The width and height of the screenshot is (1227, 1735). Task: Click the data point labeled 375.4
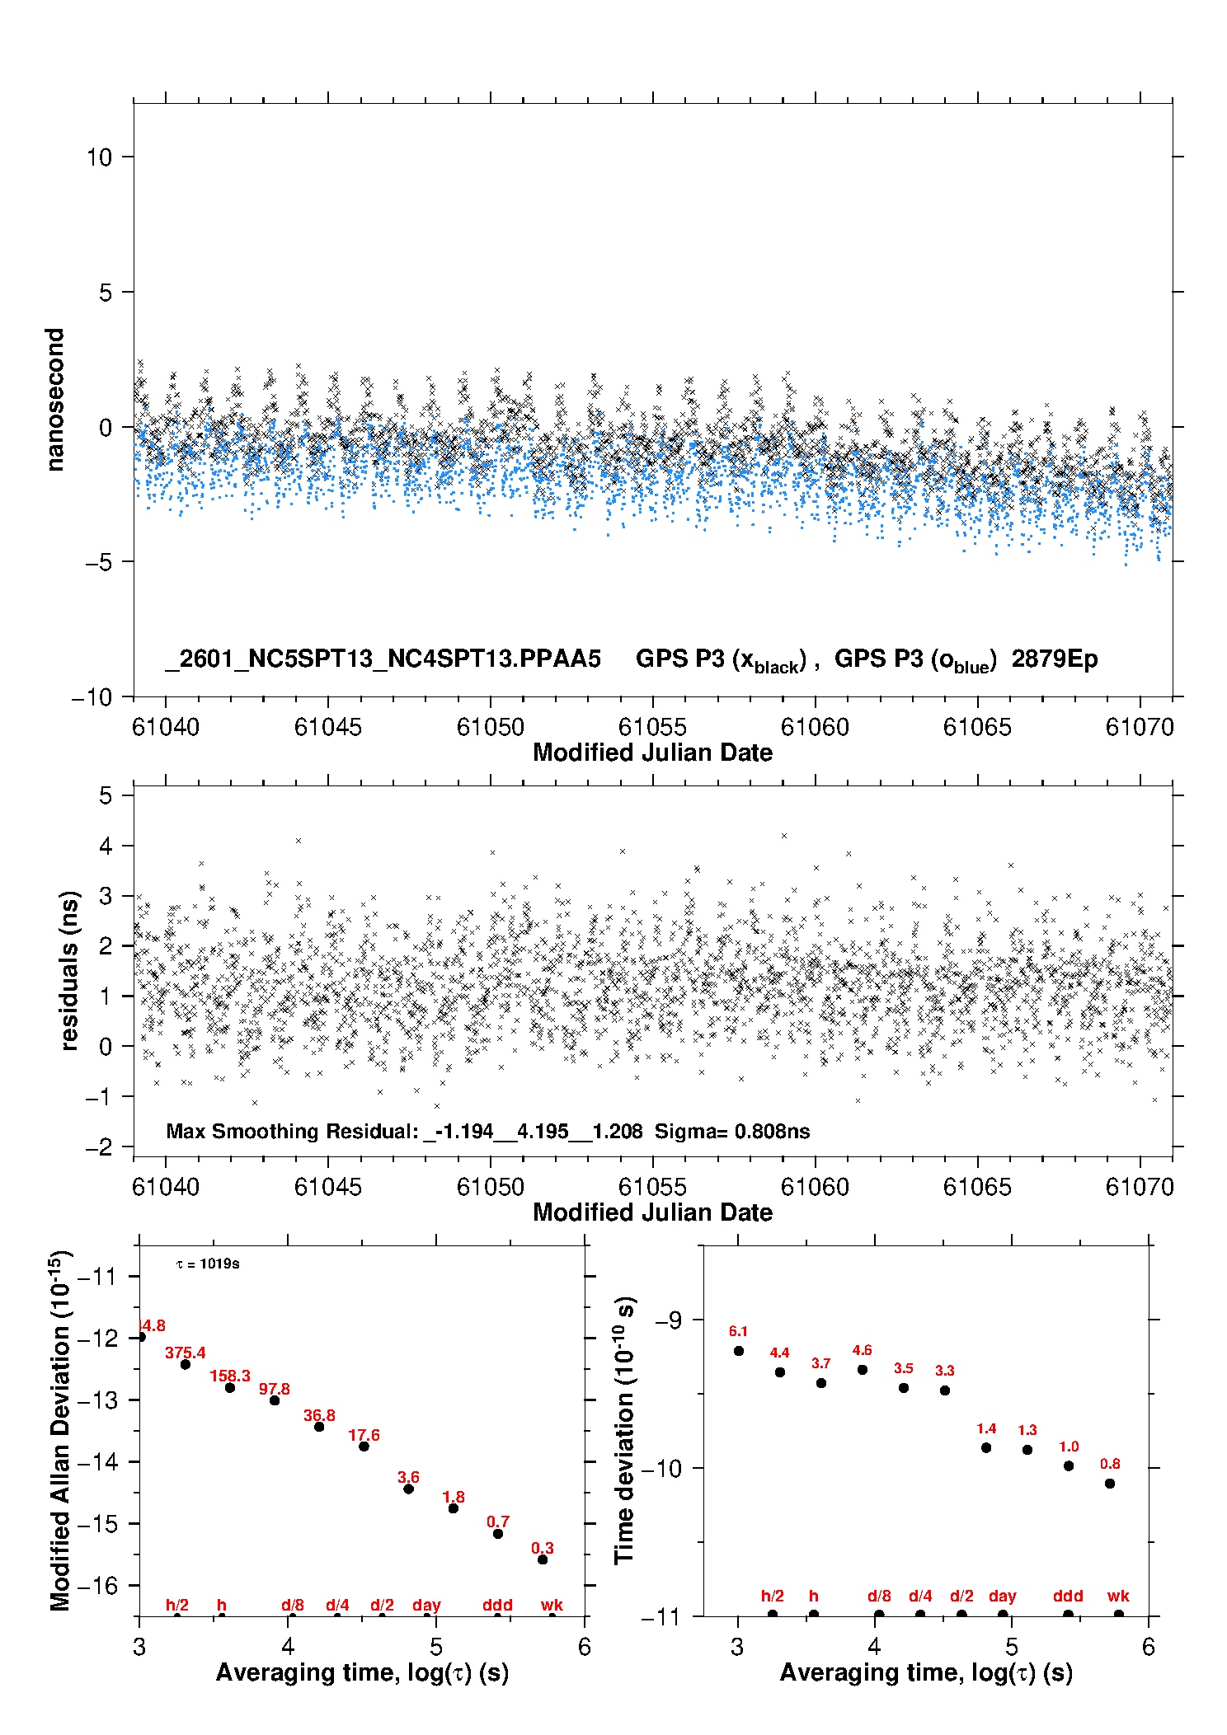[x=186, y=1364]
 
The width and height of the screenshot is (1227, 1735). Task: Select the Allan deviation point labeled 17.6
[x=364, y=1446]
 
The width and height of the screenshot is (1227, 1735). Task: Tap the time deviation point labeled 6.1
[x=739, y=1350]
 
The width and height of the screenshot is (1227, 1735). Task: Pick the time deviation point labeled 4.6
[x=863, y=1369]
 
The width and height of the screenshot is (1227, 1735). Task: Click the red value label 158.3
[x=230, y=1376]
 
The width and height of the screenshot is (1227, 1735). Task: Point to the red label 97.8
[x=275, y=1389]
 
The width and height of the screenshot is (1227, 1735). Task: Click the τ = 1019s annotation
[x=208, y=1264]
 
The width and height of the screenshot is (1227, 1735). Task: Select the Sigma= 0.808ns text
[x=732, y=1131]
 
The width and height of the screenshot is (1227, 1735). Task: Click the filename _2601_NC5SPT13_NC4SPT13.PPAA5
[x=383, y=659]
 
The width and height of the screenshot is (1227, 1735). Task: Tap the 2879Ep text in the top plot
[x=1055, y=659]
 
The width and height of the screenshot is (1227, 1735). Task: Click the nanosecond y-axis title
[x=55, y=400]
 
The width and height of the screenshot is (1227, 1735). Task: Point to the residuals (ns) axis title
[x=70, y=970]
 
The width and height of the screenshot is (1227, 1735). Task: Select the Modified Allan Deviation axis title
[x=60, y=1430]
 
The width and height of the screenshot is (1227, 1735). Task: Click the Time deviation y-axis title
[x=624, y=1430]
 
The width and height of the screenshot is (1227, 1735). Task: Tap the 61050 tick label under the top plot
[x=491, y=727]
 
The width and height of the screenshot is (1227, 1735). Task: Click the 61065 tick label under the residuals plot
[x=977, y=1187]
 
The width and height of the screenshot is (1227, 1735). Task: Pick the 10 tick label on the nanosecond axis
[x=99, y=157]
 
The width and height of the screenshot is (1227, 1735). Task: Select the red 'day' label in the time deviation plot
[x=1003, y=1596]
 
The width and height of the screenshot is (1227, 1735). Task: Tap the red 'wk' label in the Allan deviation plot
[x=552, y=1605]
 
